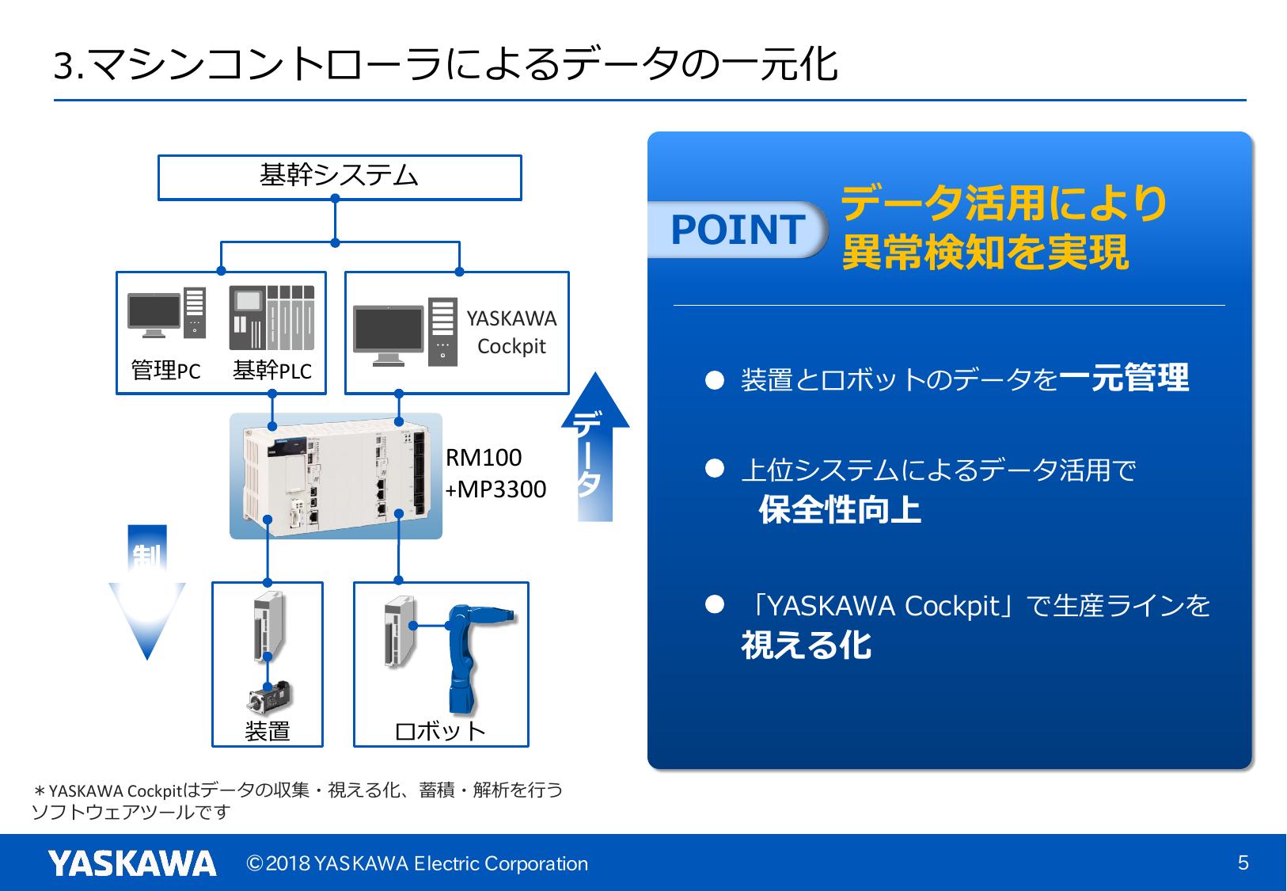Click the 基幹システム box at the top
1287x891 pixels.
(x=340, y=177)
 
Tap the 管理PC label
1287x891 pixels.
(x=166, y=371)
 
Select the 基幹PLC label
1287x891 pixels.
(x=272, y=371)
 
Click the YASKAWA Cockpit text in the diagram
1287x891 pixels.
(x=511, y=333)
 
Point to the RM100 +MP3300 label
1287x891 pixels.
(x=495, y=474)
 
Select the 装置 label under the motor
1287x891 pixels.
(x=268, y=730)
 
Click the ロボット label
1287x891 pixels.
(x=440, y=730)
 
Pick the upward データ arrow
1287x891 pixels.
(x=595, y=447)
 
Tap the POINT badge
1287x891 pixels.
(x=737, y=230)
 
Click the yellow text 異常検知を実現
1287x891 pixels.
(x=985, y=253)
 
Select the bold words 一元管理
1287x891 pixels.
(x=1124, y=378)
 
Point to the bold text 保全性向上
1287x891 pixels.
(x=840, y=509)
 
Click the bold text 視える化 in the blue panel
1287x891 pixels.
(x=807, y=645)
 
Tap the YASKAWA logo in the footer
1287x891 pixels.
(x=132, y=862)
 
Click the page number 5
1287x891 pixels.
(x=1243, y=862)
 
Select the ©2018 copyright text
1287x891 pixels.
(x=418, y=863)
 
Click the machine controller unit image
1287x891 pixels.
(x=336, y=475)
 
